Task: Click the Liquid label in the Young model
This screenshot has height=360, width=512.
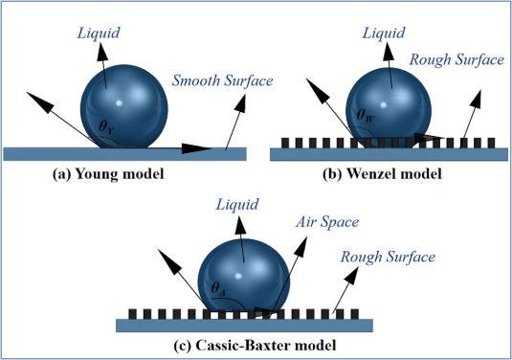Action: tap(99, 34)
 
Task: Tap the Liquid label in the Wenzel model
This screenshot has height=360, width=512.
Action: tap(384, 34)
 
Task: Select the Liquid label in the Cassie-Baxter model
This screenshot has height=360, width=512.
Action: tap(237, 205)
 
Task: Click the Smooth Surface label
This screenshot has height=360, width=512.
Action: tap(222, 80)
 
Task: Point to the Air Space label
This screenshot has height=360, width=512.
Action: tap(327, 222)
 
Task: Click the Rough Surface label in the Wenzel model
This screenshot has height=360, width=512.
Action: tap(456, 59)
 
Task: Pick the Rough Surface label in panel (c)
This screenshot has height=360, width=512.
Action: tap(388, 258)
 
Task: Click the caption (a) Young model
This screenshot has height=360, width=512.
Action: tap(108, 174)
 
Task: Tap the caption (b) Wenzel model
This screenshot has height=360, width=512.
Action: tap(382, 174)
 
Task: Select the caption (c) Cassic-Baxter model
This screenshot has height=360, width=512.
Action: tap(255, 346)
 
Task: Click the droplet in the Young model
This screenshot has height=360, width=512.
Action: tap(124, 106)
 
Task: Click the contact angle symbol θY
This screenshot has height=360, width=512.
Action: tap(106, 126)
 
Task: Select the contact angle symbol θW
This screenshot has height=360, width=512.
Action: tap(366, 115)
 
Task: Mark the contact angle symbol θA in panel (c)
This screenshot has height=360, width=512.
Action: tap(218, 288)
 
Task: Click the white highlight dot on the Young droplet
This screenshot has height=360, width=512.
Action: tap(119, 103)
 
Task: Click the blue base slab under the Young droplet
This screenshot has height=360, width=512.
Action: tap(124, 154)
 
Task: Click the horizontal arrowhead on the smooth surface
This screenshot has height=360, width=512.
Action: tap(197, 148)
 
